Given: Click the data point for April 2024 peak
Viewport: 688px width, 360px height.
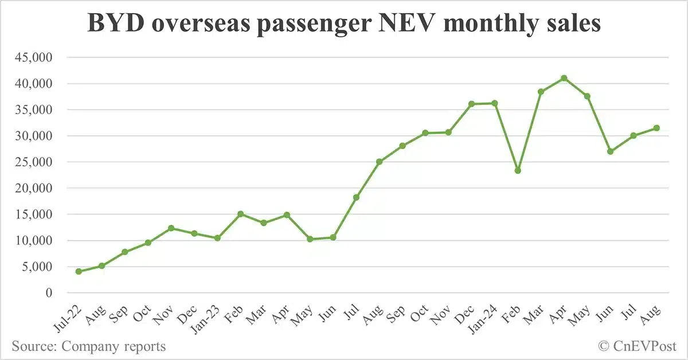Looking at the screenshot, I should tap(564, 78).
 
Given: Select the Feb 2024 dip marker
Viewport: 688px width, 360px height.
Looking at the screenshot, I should tap(518, 170).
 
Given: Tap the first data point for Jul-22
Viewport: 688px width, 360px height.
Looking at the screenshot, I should tap(78, 271).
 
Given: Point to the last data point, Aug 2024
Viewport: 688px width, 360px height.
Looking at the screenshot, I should tap(656, 128).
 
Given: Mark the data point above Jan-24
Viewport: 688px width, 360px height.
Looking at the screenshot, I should tap(495, 103).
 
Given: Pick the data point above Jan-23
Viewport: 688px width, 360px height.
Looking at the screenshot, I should tap(217, 238).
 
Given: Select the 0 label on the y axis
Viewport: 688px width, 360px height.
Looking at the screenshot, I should tap(48, 293).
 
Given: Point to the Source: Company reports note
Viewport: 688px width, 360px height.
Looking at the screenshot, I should tap(88, 346).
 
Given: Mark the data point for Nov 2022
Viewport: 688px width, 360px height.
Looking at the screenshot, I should tap(171, 228).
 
